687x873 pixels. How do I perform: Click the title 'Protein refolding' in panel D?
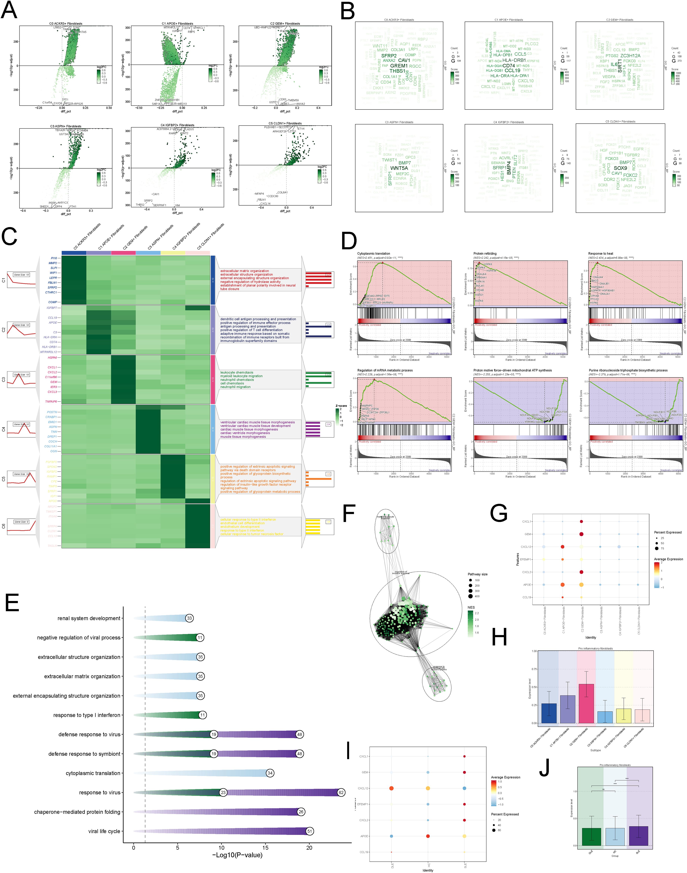(x=485, y=253)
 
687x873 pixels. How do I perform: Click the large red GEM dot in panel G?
(x=581, y=534)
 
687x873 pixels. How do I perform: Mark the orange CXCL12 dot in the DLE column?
(x=391, y=788)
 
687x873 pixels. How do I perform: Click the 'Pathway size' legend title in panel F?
(x=478, y=574)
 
